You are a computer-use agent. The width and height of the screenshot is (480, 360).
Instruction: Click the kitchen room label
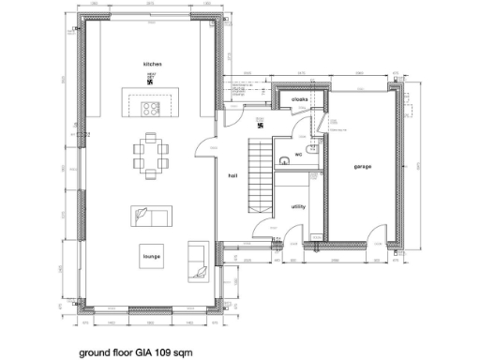click(x=152, y=63)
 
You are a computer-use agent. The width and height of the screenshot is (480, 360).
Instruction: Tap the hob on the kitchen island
click(x=151, y=108)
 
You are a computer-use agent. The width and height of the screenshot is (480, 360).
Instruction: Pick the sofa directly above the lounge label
click(x=150, y=217)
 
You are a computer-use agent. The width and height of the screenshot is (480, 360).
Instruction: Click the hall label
click(x=232, y=174)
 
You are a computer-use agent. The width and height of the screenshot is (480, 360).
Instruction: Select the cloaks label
click(x=299, y=98)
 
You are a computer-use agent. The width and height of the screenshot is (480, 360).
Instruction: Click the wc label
click(x=297, y=154)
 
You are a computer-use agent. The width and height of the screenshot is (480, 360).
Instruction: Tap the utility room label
click(x=298, y=205)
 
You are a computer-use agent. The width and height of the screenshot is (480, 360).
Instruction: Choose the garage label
click(x=363, y=166)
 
